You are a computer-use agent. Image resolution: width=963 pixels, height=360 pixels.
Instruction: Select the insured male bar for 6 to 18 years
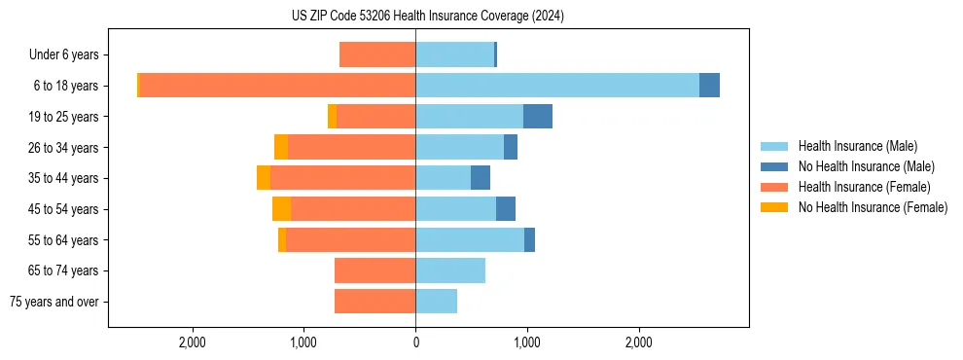tap(556, 86)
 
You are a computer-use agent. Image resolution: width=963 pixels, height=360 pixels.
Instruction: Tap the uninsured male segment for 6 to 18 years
tap(709, 86)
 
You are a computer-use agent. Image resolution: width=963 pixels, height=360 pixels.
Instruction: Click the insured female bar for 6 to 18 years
tap(277, 86)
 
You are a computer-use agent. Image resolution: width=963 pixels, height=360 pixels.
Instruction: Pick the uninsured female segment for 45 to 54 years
tap(281, 209)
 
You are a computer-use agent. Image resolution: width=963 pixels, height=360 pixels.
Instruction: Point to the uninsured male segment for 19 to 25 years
tap(538, 117)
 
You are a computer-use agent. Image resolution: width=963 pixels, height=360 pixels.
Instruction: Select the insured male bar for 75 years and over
tap(436, 302)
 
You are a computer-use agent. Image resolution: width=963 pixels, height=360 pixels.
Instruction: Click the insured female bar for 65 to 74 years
tap(374, 270)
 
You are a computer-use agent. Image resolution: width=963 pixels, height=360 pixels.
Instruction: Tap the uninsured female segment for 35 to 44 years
tap(264, 178)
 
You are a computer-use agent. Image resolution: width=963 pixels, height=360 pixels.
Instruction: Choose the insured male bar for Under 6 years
tap(454, 54)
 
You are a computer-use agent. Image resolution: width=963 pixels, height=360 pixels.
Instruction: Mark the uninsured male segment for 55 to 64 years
tap(529, 240)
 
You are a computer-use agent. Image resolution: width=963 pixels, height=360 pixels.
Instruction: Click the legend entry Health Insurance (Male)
tap(857, 146)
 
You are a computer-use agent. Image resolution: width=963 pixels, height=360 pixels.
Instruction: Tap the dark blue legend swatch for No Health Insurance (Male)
tap(774, 166)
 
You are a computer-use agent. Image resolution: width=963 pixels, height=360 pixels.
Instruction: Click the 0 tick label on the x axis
tap(415, 342)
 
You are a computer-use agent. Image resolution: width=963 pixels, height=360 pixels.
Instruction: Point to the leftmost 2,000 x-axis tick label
tap(193, 342)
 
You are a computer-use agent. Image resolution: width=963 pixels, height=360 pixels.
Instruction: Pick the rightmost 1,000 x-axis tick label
tap(527, 342)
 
